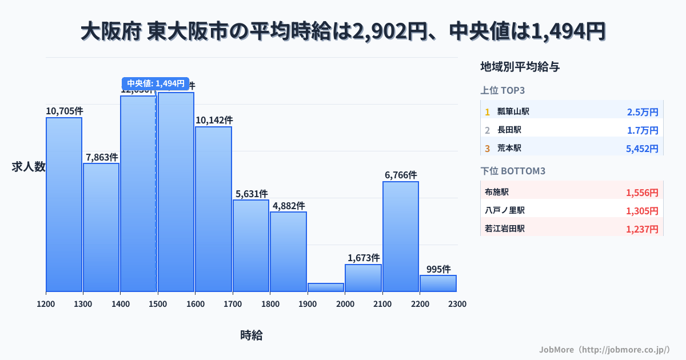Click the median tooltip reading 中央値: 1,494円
pos(155,83)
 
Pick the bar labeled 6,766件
pos(401,237)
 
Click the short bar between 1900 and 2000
pos(326,287)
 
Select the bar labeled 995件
pos(438,283)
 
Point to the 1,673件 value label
pos(364,258)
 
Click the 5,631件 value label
pos(251,194)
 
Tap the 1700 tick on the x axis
pos(233,304)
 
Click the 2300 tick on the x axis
pos(457,304)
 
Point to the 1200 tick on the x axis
pos(46,304)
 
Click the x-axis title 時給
pos(251,335)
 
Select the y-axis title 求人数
pos(29,167)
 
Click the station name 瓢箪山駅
pos(513,111)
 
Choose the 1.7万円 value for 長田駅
pos(643,130)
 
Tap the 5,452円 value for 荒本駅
pos(642,149)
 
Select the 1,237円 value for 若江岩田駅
pos(642,229)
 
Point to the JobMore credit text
pos(604,349)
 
